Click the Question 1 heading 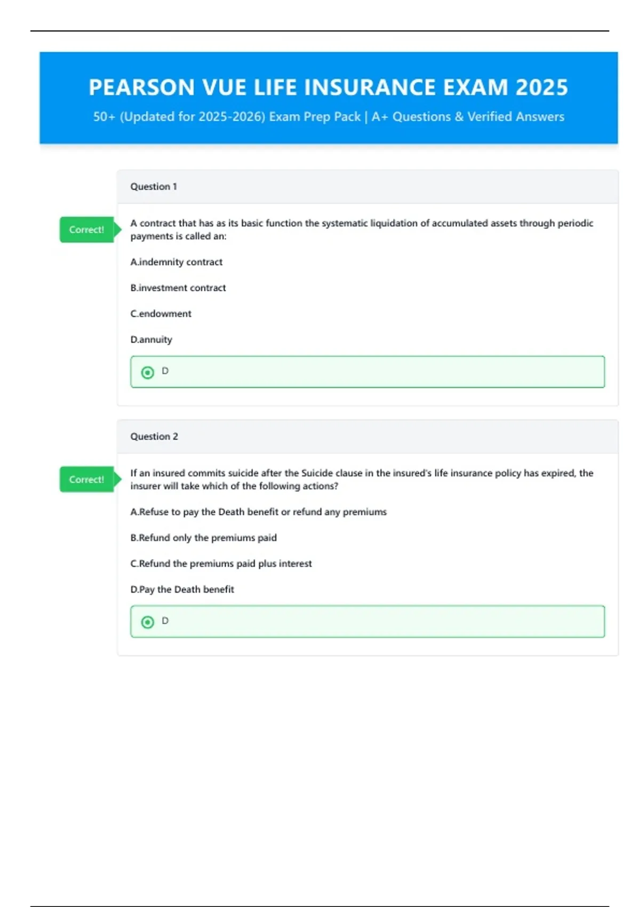[154, 187]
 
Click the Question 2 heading [154, 436]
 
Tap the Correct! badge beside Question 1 [87, 230]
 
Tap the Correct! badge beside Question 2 [87, 480]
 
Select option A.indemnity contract [177, 262]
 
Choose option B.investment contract [178, 288]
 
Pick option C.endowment [161, 314]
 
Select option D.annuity [151, 340]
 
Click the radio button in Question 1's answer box [148, 372]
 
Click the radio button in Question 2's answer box [148, 622]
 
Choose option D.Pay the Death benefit [182, 590]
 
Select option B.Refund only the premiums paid [204, 538]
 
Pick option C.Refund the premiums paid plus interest [221, 564]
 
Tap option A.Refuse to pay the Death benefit [259, 512]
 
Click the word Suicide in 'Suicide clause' [317, 473]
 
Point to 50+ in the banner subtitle [104, 117]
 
